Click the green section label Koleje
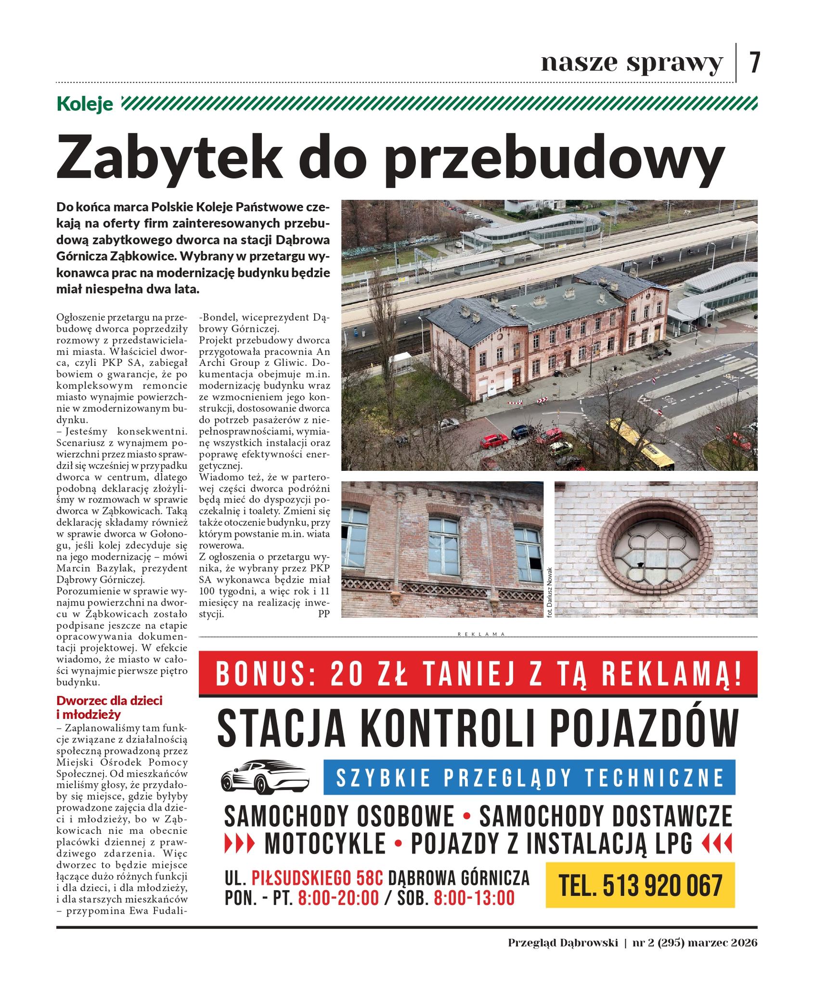click(85, 104)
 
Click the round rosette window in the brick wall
click(655, 549)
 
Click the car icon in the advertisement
click(264, 778)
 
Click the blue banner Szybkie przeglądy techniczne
click(530, 778)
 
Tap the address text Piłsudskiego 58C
click(317, 878)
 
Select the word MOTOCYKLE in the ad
click(325, 843)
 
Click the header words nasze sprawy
click(632, 63)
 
